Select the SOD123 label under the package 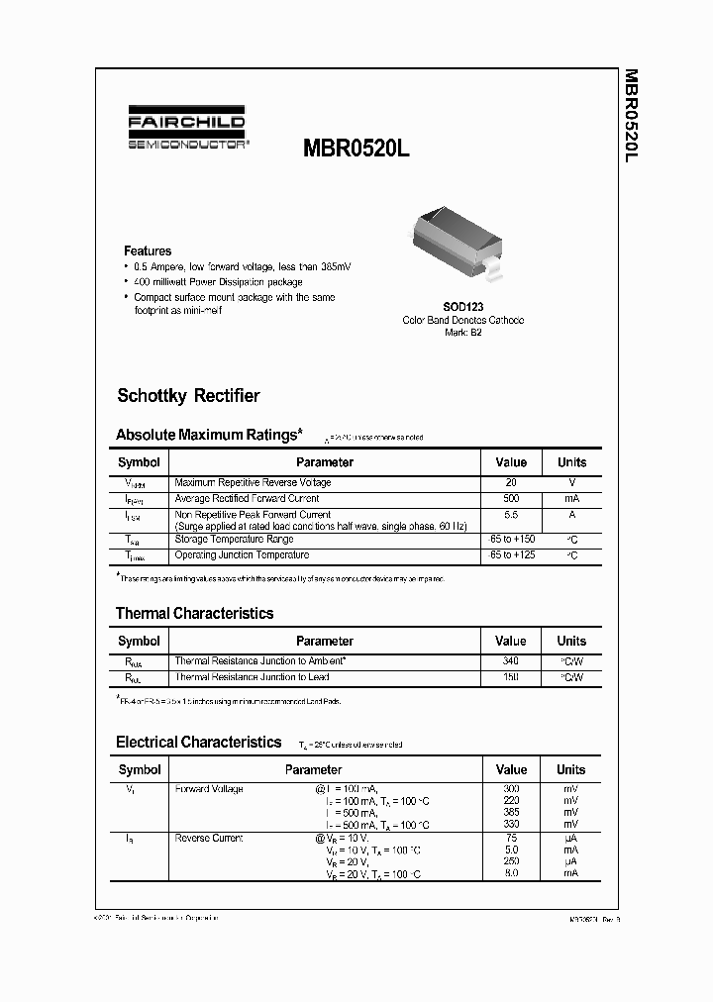point(462,308)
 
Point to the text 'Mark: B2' point(462,333)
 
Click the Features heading point(148,251)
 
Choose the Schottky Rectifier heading point(188,396)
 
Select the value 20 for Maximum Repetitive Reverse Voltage point(511,483)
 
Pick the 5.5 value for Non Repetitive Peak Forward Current point(511,516)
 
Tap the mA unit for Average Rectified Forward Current point(571,499)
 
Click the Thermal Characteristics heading point(194,614)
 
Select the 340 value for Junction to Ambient point(511,660)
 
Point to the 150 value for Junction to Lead point(511,677)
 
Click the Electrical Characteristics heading point(198,742)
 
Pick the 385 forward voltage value point(511,812)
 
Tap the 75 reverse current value point(511,839)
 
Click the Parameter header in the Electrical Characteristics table point(313,769)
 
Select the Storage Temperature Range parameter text point(234,540)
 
